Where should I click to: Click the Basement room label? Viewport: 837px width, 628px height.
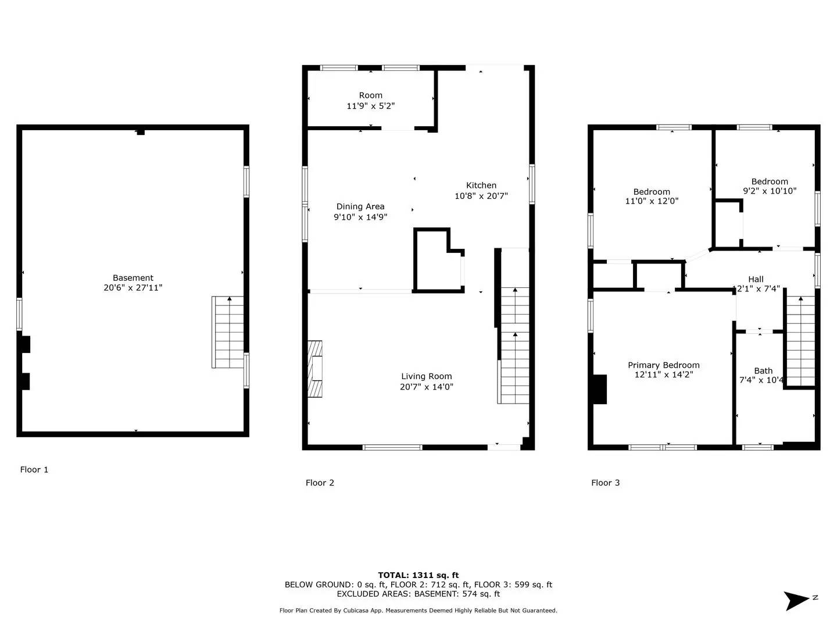133,278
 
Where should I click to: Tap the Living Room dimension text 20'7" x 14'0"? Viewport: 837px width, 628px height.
426,387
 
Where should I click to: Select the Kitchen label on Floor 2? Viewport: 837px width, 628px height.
481,185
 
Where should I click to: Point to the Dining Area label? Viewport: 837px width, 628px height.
360,206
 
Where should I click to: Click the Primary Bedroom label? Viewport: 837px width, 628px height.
663,365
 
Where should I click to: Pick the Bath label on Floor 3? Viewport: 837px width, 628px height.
763,371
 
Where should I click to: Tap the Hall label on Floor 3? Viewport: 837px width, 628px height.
756,279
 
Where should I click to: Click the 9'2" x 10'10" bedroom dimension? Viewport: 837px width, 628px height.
770,191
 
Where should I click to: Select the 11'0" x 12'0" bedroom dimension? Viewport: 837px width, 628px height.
652,201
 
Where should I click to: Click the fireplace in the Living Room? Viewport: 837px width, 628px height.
316,369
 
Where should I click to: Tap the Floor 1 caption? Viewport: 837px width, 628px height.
34,470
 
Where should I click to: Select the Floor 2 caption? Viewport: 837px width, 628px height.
320,483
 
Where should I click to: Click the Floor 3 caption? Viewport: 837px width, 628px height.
605,483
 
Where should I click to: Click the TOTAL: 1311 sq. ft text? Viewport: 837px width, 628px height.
418,575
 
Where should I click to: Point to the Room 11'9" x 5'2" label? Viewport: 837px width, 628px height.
370,101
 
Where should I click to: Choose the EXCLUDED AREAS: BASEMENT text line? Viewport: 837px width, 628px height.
418,594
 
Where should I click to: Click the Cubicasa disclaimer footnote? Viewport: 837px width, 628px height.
418,611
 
